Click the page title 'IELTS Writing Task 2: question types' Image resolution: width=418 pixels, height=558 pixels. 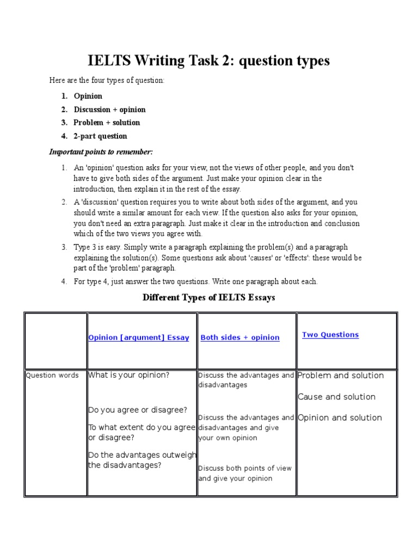click(208, 61)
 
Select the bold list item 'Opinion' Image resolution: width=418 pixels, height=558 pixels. click(88, 96)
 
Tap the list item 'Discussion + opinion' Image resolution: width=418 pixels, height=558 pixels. click(109, 110)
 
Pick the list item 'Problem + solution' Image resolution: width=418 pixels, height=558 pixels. click(107, 123)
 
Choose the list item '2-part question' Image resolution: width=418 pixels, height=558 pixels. click(100, 136)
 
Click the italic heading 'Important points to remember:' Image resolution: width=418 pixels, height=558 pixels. click(101, 151)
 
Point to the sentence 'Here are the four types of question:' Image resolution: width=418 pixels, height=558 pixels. click(107, 81)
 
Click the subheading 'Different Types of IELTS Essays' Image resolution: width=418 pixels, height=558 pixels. click(208, 298)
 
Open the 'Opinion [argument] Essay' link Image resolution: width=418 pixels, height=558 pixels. click(138, 338)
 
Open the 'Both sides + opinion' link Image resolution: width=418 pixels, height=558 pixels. click(240, 338)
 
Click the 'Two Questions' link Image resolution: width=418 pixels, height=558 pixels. click(330, 335)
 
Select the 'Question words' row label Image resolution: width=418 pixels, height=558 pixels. click(52, 375)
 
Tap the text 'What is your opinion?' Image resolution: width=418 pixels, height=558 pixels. click(129, 375)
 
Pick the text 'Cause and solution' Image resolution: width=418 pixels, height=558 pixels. click(336, 397)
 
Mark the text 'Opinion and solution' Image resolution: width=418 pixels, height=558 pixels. click(340, 418)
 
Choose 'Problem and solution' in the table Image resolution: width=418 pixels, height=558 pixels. click(341, 375)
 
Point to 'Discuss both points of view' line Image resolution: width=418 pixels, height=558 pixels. click(245, 468)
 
